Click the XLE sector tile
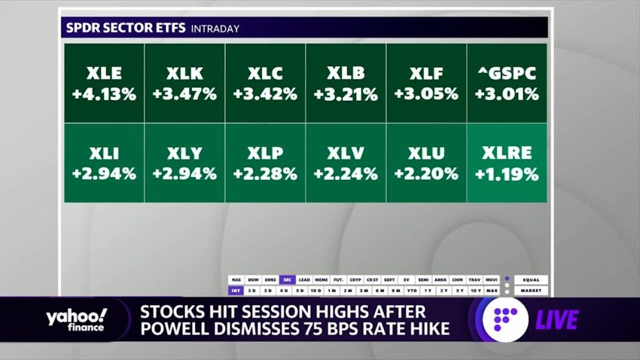point(104,83)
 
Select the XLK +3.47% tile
point(184,83)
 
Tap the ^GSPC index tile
point(507,83)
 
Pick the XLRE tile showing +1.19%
point(507,163)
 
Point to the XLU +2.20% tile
point(426,163)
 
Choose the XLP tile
point(265,163)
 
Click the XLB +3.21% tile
point(346,83)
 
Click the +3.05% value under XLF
point(426,94)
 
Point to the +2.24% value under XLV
point(346,174)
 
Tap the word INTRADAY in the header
point(215,28)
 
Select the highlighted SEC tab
point(287,280)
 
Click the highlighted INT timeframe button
point(235,291)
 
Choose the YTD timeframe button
point(412,291)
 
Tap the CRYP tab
point(355,280)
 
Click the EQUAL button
point(531,280)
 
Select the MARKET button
point(531,291)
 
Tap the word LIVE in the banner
point(557,320)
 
